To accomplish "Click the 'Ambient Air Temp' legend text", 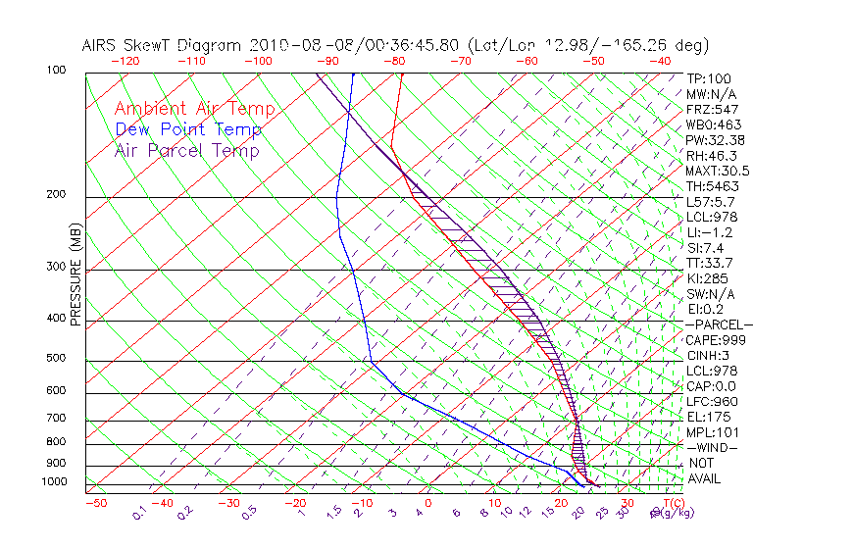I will tap(194, 109).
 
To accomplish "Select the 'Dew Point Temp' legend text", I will tap(188, 129).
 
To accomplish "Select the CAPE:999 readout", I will tap(716, 340).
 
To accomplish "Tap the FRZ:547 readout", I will tap(712, 109).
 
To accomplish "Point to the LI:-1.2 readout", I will tap(709, 232).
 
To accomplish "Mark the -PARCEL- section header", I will tap(719, 324).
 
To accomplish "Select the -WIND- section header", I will tap(712, 447).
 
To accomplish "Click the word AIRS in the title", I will tap(102, 46).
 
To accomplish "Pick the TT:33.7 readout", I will tap(709, 263).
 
